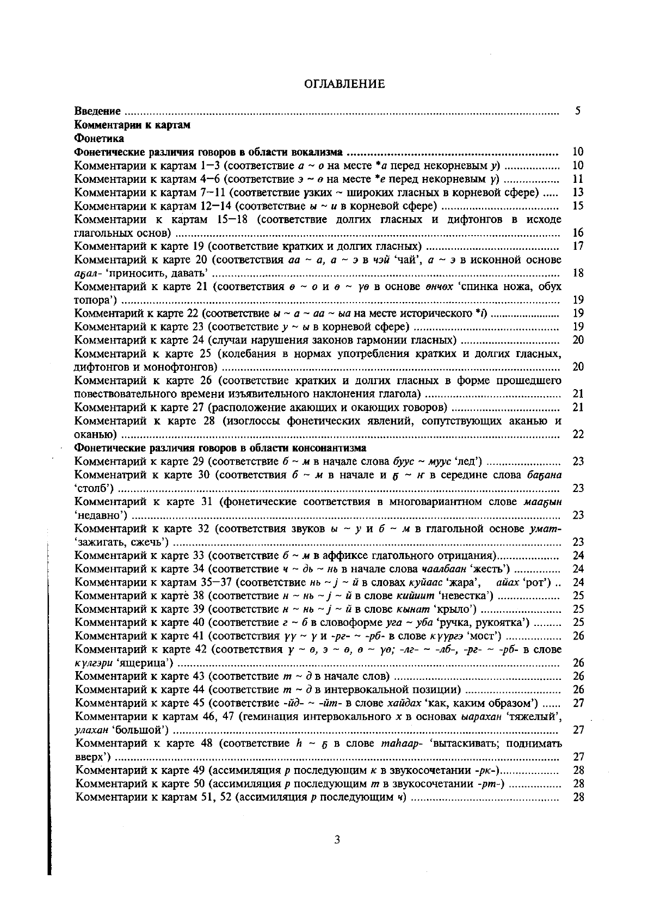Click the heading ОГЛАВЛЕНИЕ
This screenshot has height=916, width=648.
coord(343,84)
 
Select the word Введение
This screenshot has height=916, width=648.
coord(97,112)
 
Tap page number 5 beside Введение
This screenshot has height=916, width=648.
coord(578,112)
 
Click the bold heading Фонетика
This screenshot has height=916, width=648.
coord(99,138)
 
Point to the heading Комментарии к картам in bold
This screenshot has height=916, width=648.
coord(132,125)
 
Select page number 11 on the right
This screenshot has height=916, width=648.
coord(578,179)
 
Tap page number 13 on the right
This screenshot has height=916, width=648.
coord(578,192)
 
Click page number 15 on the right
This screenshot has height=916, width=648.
coord(578,206)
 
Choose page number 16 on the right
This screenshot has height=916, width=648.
coord(578,233)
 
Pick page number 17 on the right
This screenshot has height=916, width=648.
coord(578,246)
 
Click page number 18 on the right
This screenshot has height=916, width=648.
coord(578,273)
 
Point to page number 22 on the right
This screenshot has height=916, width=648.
coord(578,434)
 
